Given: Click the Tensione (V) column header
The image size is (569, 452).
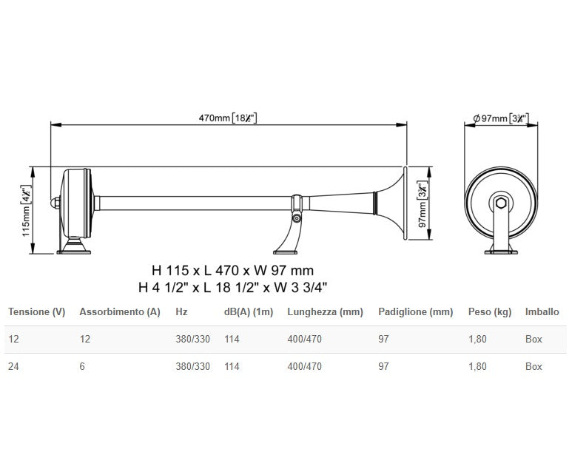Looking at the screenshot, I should [x=37, y=312].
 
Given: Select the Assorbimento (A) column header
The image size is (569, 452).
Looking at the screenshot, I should [x=120, y=312].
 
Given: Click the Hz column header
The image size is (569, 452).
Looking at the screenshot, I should [x=182, y=312].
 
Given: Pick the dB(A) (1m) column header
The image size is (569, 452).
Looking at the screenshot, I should [x=249, y=312].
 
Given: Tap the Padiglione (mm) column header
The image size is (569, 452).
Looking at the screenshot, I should [x=415, y=312].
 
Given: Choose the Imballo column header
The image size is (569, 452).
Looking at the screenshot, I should [x=542, y=312].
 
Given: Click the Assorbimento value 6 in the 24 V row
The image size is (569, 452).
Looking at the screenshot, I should [x=82, y=366].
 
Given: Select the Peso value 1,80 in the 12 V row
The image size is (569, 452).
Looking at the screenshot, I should [x=479, y=340].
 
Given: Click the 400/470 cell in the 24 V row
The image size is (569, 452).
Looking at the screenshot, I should [x=304, y=366].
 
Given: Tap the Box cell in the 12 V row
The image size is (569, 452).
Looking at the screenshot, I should [x=533, y=340].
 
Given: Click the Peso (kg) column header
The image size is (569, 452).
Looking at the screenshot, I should [x=489, y=312].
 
